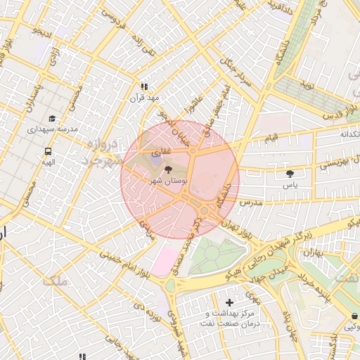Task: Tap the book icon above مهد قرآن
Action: click(x=145, y=86)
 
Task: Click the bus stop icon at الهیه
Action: click(x=48, y=150)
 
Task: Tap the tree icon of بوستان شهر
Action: click(x=168, y=169)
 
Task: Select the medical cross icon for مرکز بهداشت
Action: click(x=229, y=302)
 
